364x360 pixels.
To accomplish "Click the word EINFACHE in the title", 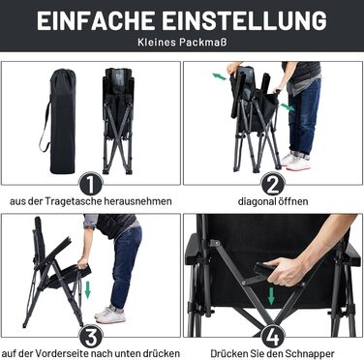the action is [97, 21].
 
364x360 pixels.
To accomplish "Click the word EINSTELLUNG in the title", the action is [245, 21].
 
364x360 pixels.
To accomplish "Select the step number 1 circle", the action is [91, 184].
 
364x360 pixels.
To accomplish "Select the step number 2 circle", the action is [273, 184].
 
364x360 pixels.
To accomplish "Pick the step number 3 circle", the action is [91, 337].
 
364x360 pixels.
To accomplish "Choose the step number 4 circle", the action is [273, 337].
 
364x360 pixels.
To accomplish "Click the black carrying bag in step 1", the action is [61, 121].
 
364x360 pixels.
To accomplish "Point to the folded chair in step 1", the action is [118, 121].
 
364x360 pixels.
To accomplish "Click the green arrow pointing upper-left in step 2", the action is [220, 76].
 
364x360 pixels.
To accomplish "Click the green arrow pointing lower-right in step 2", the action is [287, 107].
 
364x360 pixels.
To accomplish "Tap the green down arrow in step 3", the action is [87, 289].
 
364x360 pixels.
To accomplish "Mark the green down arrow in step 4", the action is [271, 296].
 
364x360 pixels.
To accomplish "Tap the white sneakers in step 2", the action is [295, 161].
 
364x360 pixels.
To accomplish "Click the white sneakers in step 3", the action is [109, 315].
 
